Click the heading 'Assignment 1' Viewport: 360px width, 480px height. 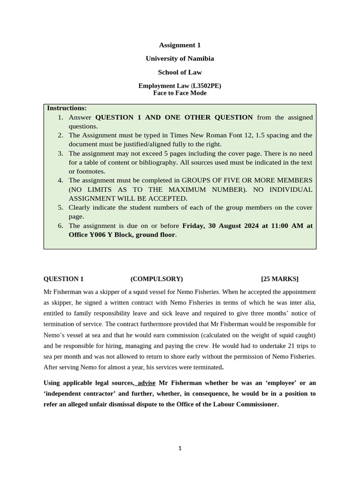coord(180,45)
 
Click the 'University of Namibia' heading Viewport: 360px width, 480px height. coord(180,59)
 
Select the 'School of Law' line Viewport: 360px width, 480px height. coord(180,72)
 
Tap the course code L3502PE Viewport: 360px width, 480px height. coord(206,86)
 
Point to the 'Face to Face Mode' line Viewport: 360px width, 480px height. coord(180,93)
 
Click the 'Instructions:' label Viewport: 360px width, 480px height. coord(67,108)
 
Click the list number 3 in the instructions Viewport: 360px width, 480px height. coord(60,153)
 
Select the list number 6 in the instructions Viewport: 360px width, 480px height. coord(60,225)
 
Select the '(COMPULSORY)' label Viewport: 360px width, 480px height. coord(157,279)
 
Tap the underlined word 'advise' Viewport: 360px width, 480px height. coord(146,382)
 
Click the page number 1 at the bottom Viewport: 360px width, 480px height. coord(180,449)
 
